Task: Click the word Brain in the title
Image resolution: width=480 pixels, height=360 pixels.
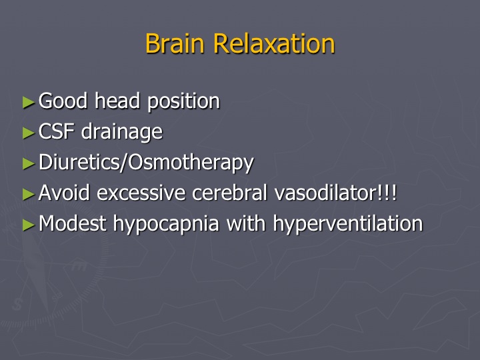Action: (x=175, y=43)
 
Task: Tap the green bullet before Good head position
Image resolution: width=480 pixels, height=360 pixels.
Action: (x=29, y=102)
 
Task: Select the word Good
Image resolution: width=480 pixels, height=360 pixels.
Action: (x=63, y=101)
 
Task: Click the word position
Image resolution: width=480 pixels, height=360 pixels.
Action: (x=184, y=102)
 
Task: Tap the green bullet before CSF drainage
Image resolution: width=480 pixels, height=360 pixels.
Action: (x=29, y=133)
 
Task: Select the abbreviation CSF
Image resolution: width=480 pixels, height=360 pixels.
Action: (x=57, y=131)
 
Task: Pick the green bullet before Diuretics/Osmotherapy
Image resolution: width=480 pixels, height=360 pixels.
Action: (x=29, y=163)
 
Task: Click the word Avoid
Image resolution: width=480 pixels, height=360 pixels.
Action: (x=64, y=193)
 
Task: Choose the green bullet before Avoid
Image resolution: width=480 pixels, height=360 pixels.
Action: (x=29, y=194)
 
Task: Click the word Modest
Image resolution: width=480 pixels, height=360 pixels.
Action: (x=73, y=223)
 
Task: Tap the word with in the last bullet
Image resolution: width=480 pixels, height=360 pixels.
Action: (x=246, y=223)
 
